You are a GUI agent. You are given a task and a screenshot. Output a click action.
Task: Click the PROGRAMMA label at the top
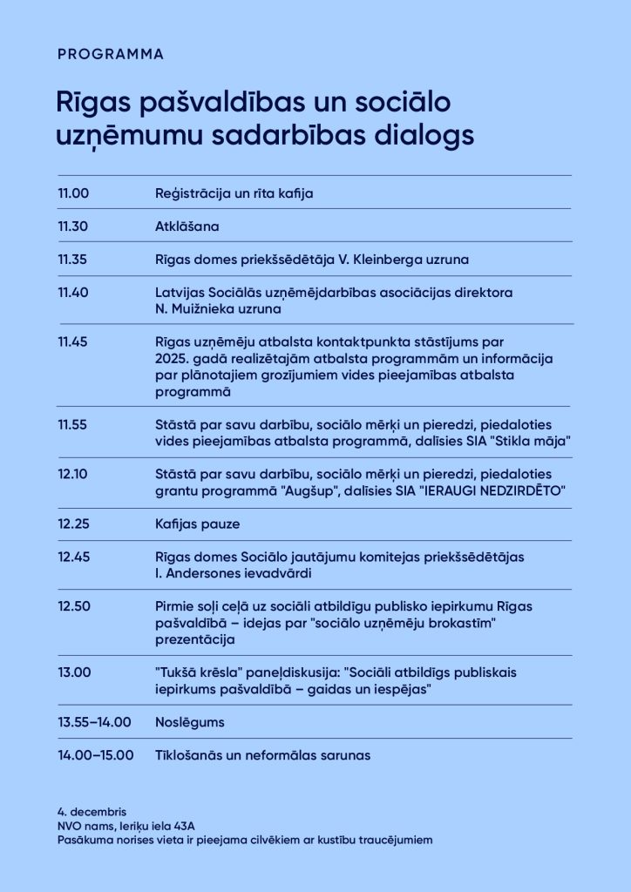110,54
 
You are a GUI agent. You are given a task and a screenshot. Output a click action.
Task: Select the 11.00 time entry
73,193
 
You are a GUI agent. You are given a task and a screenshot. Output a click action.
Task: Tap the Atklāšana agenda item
185,226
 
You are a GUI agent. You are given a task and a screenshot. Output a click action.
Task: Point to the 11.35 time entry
73,259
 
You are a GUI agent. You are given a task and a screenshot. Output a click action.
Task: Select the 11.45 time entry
73,341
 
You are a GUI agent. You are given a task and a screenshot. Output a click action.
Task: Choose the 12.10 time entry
73,473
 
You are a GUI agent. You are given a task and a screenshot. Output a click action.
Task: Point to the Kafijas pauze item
196,524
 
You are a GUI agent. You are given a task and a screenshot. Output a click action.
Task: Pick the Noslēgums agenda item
189,721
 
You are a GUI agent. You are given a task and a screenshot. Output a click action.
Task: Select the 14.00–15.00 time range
96,754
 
